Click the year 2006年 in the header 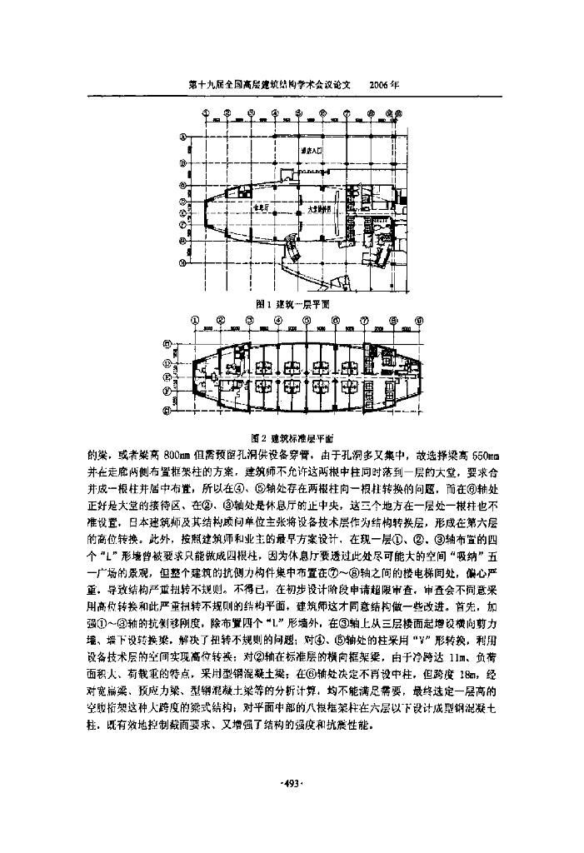tap(383, 85)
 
